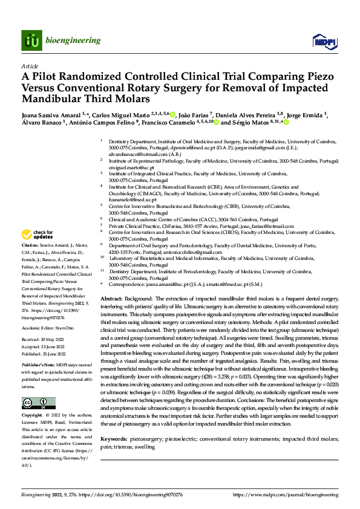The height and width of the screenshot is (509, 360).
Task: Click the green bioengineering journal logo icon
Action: pos(31,41)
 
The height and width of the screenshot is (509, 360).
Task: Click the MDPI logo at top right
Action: pos(322,41)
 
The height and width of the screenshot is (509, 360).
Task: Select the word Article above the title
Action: pos(30,65)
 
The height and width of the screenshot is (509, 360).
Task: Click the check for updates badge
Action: pos(38,235)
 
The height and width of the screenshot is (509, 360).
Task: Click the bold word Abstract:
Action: pos(112,299)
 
